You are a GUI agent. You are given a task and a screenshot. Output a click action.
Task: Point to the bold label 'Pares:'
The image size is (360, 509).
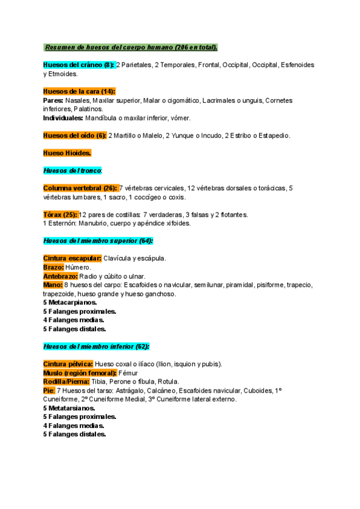[x=53, y=100]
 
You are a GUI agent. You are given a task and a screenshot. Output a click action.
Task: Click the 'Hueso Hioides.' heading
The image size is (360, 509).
[x=67, y=153]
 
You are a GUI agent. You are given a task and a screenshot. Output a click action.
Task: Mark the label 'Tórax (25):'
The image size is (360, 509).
[x=61, y=214]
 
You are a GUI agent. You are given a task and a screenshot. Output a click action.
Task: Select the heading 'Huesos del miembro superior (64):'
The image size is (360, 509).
[x=98, y=241]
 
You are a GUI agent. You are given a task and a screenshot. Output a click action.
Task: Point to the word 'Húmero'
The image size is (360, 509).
[x=78, y=267]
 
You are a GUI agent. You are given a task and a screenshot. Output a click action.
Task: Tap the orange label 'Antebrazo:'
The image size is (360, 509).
[x=61, y=276]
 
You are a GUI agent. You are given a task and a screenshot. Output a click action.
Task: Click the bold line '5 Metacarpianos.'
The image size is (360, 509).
[x=70, y=303]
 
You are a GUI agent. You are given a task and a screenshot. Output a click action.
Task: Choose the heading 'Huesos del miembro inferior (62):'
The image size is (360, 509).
[x=97, y=346]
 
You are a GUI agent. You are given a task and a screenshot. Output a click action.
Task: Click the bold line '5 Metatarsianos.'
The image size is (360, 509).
[x=69, y=408]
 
